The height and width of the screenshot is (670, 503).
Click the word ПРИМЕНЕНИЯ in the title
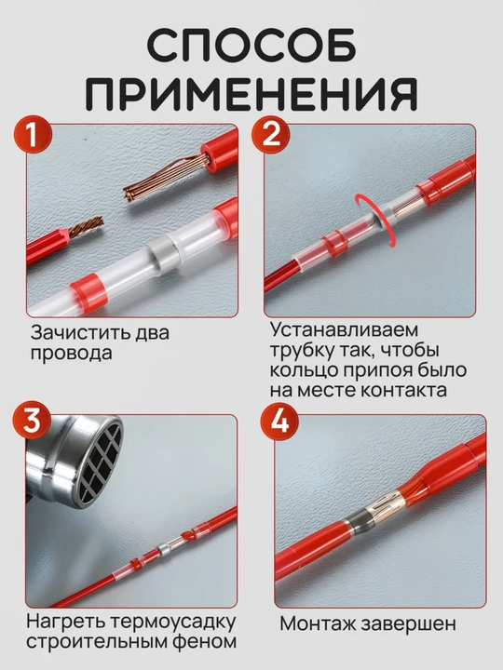pos(252,94)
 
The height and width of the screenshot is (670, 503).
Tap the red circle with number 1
pos(33,135)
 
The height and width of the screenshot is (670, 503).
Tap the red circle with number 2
pos(271,135)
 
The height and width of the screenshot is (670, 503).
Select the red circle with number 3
pos(32,421)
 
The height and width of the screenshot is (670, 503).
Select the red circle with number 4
pos(279,421)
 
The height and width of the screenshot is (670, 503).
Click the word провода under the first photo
pos(71,354)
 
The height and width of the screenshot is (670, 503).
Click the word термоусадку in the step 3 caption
pos(173,622)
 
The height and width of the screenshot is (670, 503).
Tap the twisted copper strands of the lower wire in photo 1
pos(87,226)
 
